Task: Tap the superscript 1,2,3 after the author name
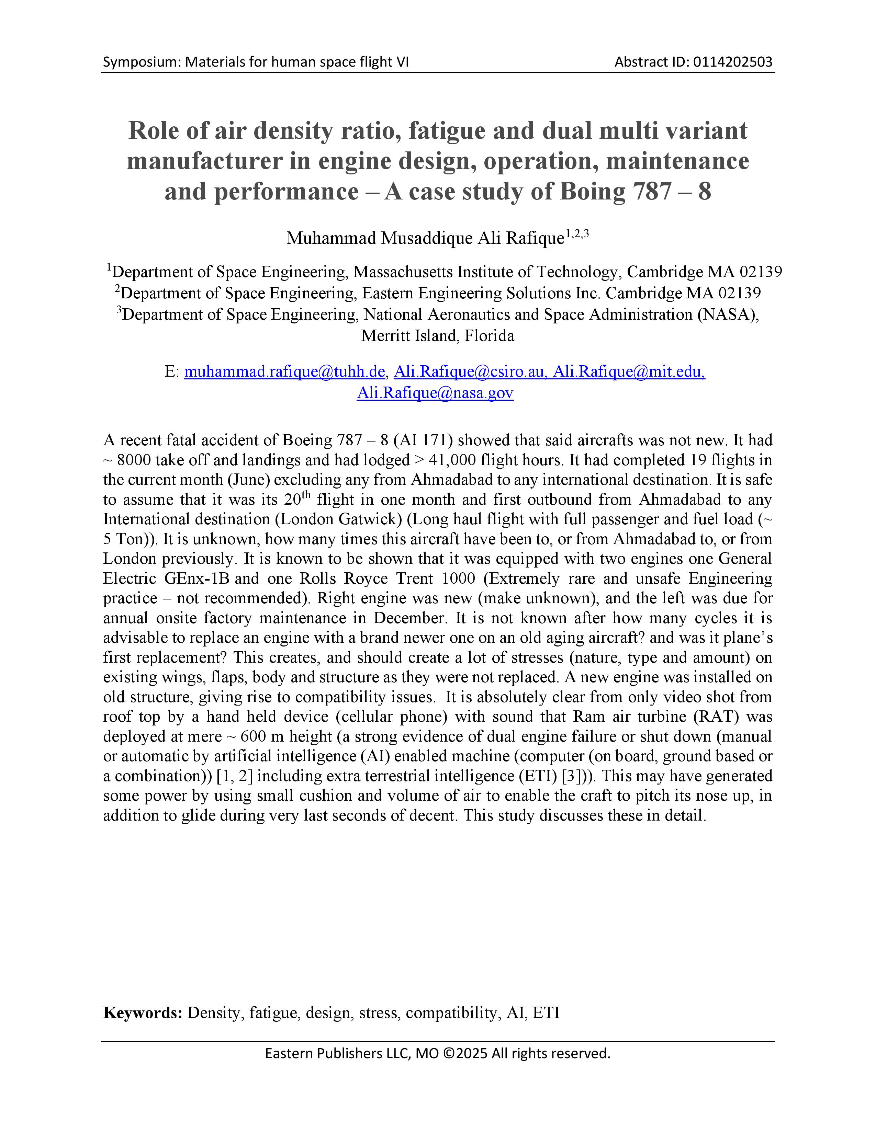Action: click(x=577, y=234)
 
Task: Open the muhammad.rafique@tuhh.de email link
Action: click(x=284, y=371)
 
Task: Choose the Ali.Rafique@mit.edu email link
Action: click(x=629, y=371)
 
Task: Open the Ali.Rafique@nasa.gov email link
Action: click(x=435, y=393)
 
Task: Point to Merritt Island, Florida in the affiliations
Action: click(x=437, y=336)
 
